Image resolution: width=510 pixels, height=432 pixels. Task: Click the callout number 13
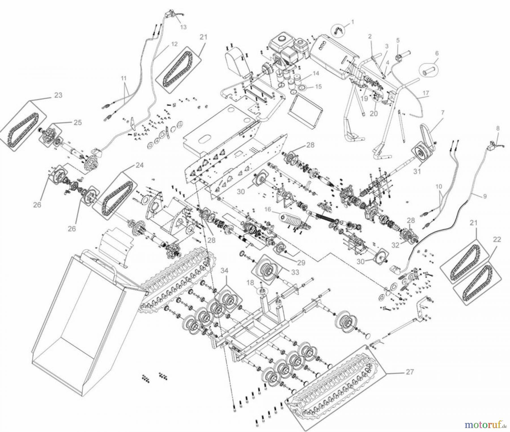(183, 27)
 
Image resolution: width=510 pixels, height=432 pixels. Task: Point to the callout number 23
(58, 95)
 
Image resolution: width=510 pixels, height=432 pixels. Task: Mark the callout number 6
(437, 53)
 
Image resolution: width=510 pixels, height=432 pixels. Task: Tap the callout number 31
(417, 171)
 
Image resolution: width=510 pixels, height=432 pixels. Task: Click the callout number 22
(497, 240)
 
